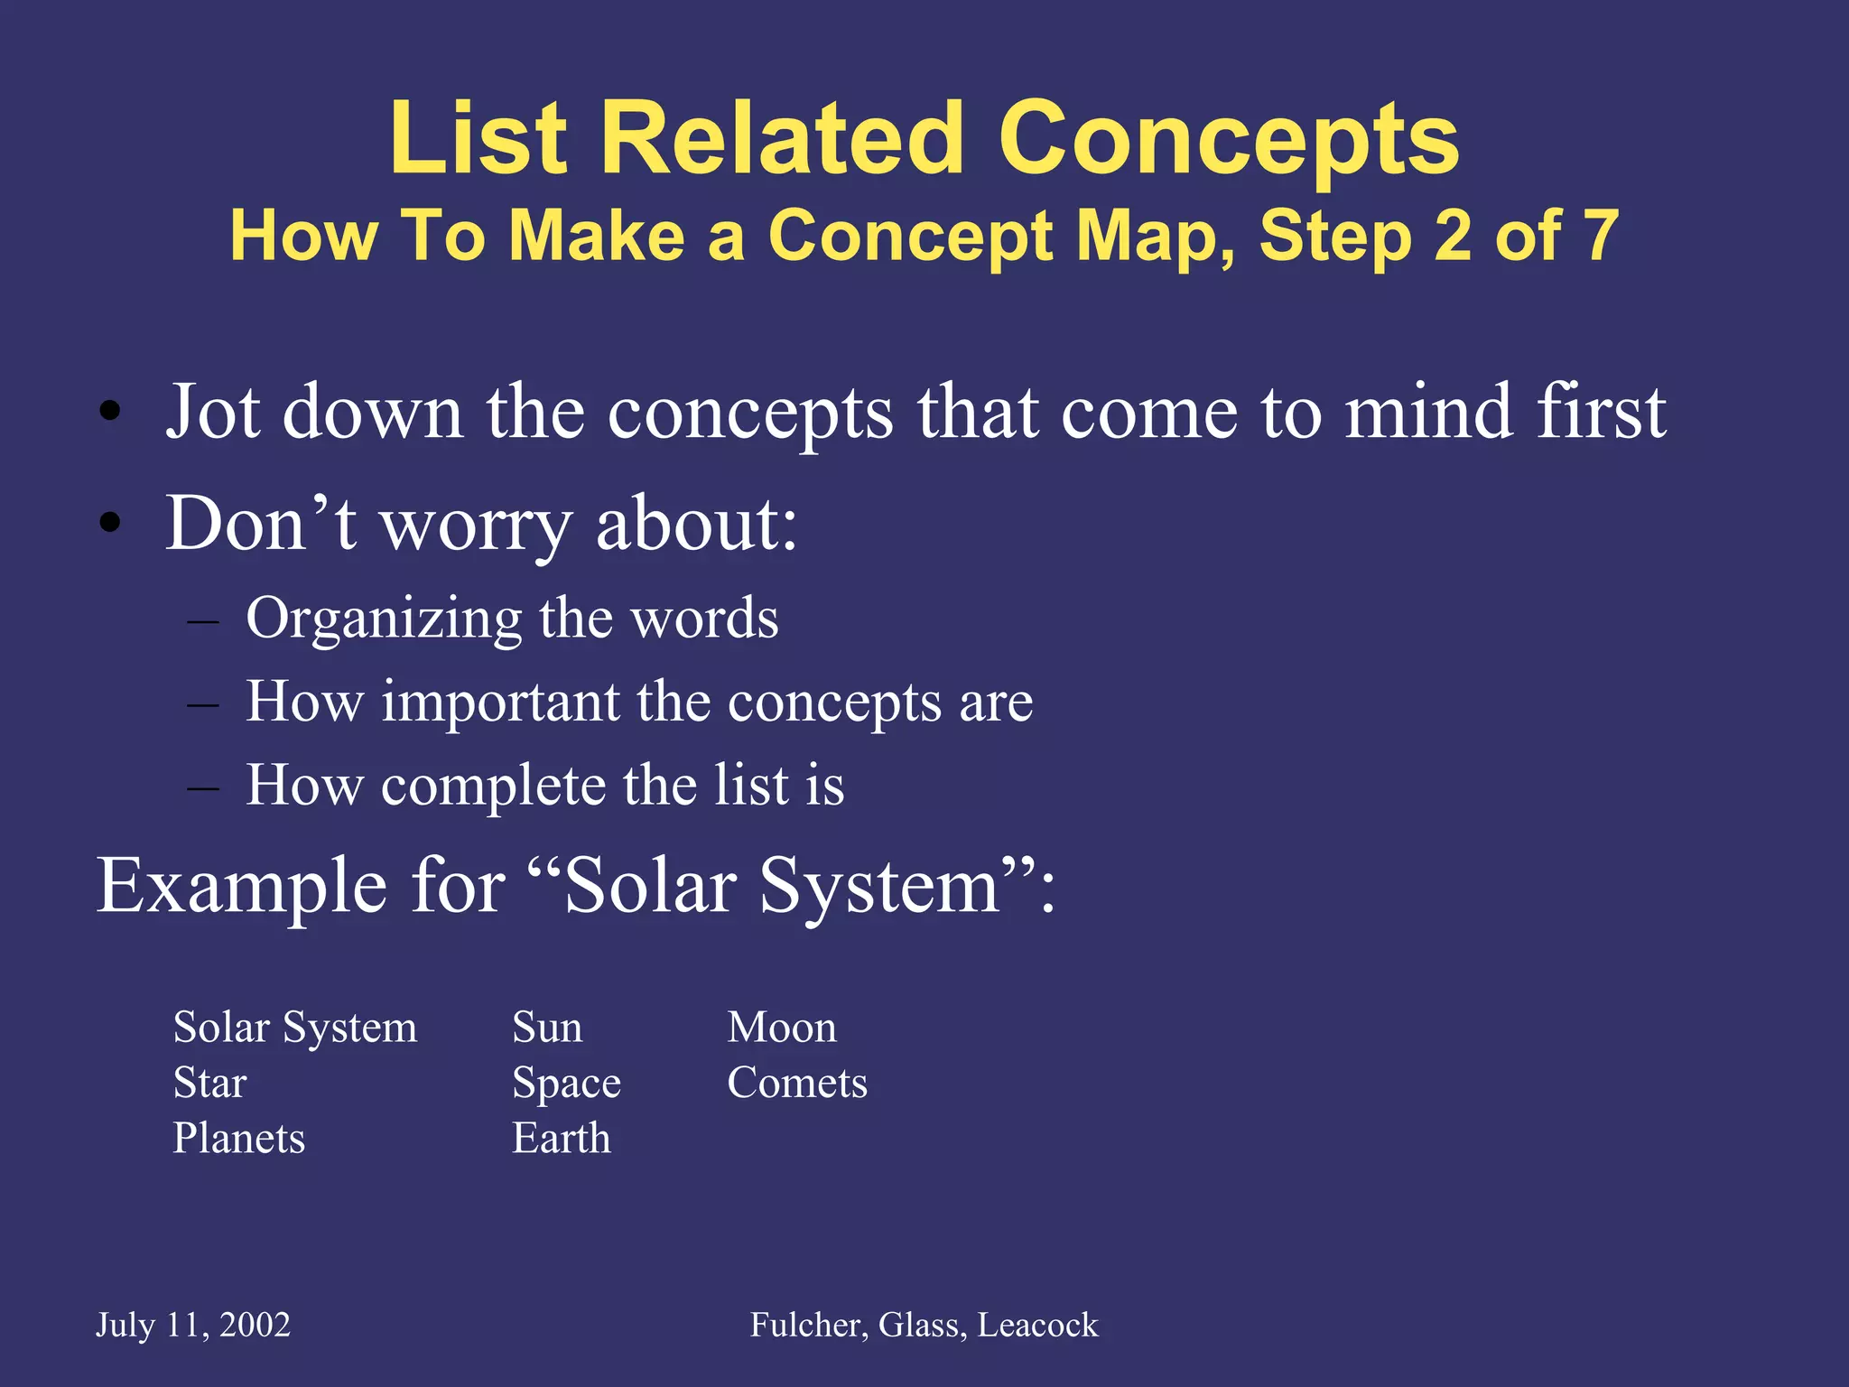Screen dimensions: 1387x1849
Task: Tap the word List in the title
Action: pos(479,140)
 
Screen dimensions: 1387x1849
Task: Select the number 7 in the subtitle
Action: pos(1601,236)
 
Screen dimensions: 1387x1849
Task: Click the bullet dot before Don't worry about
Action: pos(110,523)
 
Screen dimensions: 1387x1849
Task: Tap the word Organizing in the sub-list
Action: pos(384,620)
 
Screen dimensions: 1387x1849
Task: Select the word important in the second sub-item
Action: pos(500,703)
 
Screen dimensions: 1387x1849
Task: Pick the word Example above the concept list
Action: pos(241,888)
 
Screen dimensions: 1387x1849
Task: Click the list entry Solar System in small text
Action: pos(295,1028)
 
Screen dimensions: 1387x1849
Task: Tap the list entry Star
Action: pos(209,1083)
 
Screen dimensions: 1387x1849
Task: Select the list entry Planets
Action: pos(239,1138)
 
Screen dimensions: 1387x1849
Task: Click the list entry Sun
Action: pos(547,1028)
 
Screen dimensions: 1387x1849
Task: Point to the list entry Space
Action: pos(566,1084)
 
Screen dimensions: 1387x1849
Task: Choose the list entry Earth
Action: pos(561,1138)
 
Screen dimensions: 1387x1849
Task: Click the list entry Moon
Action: pos(782,1028)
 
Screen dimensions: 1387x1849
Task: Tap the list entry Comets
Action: pos(797,1083)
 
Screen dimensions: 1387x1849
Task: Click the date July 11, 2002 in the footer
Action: pos(193,1326)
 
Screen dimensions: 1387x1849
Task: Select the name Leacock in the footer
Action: pos(1038,1326)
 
